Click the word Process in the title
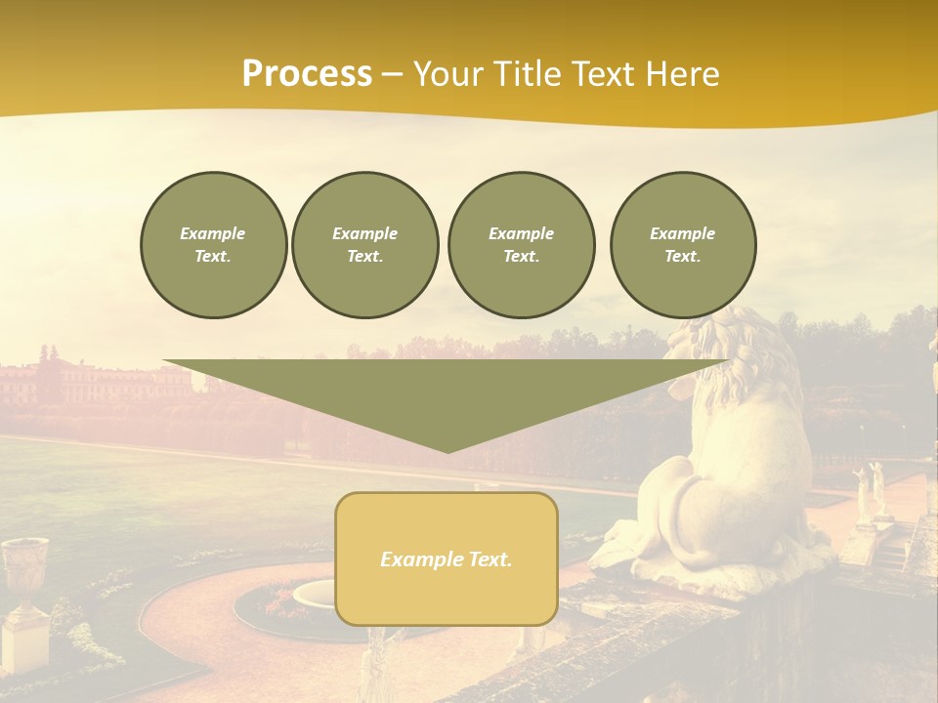pos(307,74)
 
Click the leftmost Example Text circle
pos(213,245)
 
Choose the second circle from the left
pos(364,245)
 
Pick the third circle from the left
pos(521,245)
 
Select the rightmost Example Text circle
pos(682,245)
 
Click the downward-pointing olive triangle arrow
pos(448,395)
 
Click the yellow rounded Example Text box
pos(447,558)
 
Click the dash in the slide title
pos(392,74)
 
